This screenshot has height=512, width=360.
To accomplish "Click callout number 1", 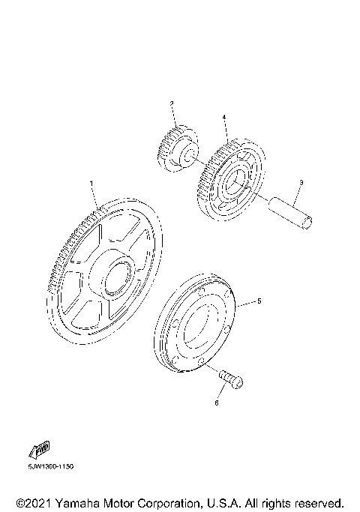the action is [91, 184].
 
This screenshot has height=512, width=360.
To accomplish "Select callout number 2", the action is [172, 103].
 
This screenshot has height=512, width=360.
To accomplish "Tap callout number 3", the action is [301, 182].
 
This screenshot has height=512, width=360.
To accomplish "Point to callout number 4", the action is [224, 117].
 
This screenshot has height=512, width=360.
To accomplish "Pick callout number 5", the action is [259, 301].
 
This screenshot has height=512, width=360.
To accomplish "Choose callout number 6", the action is [217, 403].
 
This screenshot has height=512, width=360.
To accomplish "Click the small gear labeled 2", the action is [178, 148].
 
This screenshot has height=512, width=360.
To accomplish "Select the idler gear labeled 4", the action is [232, 180].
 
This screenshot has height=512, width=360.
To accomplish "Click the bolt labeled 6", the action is [231, 380].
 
